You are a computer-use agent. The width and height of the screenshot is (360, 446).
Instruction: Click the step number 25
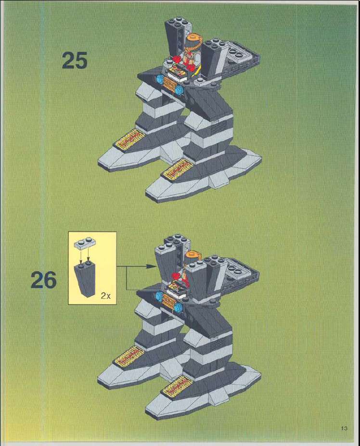[x=75, y=60]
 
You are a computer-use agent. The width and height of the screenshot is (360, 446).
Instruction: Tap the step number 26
[x=43, y=280]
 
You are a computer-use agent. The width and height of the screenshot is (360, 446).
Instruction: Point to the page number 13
[x=344, y=428]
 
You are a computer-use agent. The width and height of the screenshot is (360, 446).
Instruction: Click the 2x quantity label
[x=105, y=296]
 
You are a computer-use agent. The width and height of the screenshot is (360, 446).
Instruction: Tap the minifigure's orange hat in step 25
[x=194, y=38]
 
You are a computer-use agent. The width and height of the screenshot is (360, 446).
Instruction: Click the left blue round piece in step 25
[x=160, y=78]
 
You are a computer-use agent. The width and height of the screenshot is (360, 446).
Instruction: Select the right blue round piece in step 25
[x=180, y=90]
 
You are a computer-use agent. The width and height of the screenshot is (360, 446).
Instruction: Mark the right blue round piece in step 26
[x=178, y=307]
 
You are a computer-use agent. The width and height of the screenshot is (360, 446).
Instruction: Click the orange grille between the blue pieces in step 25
[x=170, y=85]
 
